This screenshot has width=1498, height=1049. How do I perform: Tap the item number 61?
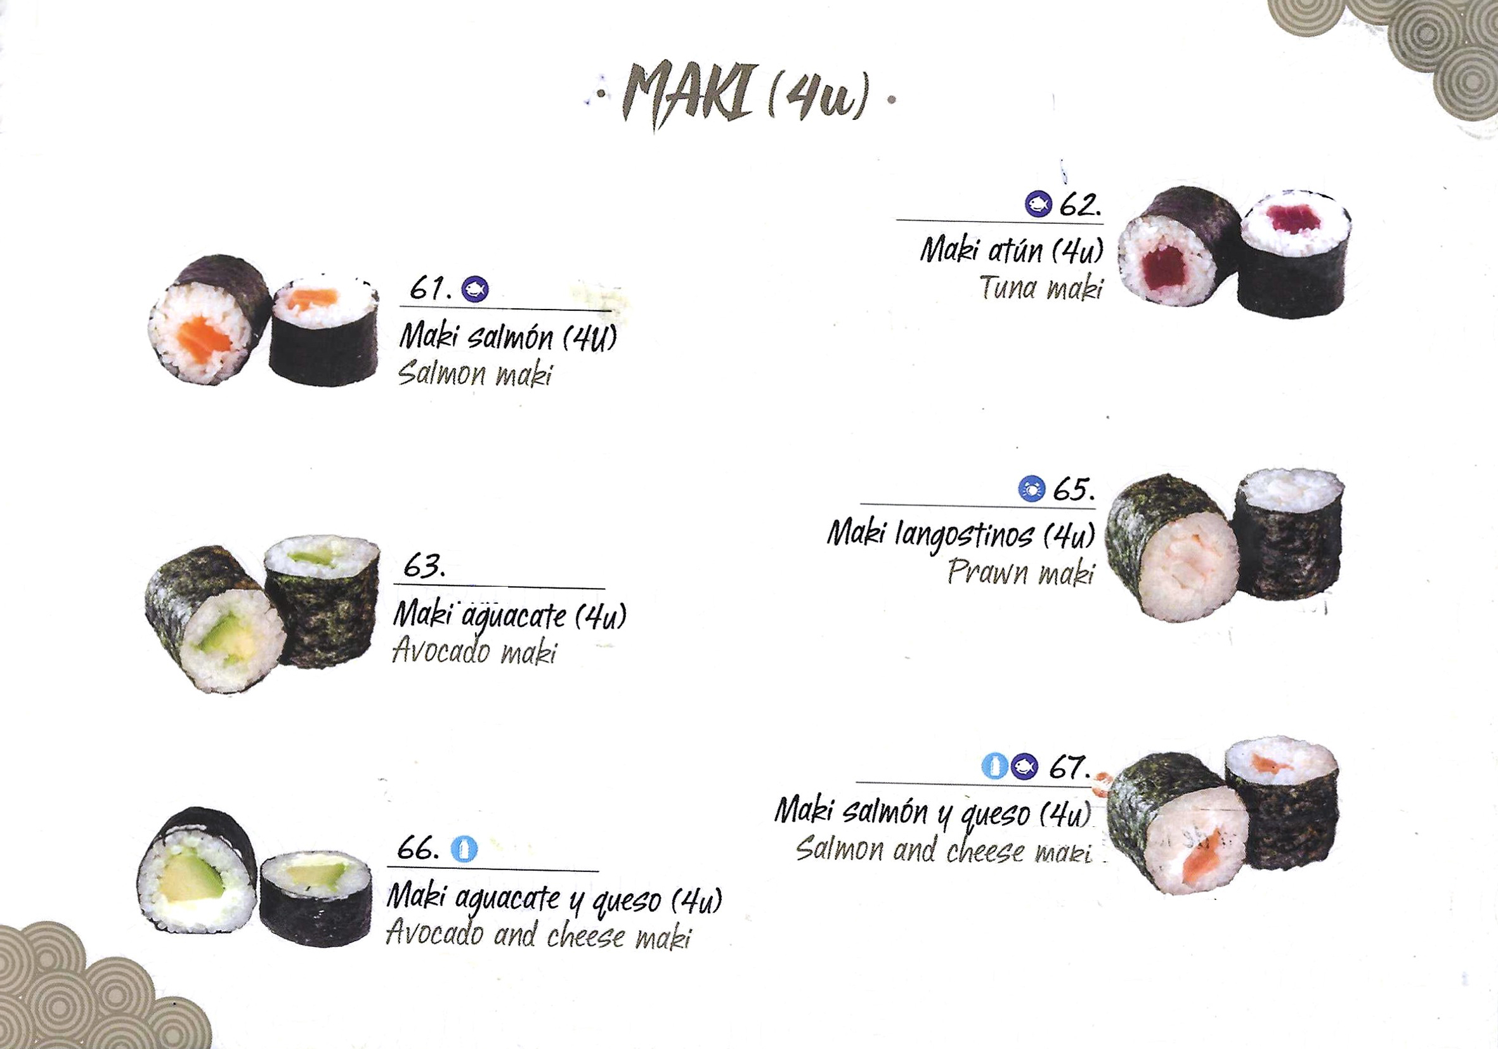tap(431, 288)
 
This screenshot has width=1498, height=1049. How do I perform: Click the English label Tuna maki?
tap(1041, 288)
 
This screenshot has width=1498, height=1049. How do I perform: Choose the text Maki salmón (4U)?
tap(507, 337)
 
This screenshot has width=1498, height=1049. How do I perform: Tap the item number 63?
tap(424, 566)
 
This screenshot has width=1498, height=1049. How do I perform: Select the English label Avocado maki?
tap(474, 652)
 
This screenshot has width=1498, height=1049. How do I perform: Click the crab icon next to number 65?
tap(1031, 488)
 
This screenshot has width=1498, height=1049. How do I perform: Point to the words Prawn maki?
tap(1020, 573)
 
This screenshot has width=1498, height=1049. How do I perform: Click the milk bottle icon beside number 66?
tap(464, 849)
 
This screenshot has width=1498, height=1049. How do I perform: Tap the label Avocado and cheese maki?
tap(538, 935)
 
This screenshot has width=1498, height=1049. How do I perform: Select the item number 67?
tap(1069, 767)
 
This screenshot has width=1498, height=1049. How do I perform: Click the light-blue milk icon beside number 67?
tap(995, 767)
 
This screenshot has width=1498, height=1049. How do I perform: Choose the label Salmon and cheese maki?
tap(944, 850)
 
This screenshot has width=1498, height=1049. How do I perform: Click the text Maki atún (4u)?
tap(1012, 251)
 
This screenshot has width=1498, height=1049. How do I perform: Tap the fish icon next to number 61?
tap(475, 289)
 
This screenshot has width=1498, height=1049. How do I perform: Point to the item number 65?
tap(1074, 489)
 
